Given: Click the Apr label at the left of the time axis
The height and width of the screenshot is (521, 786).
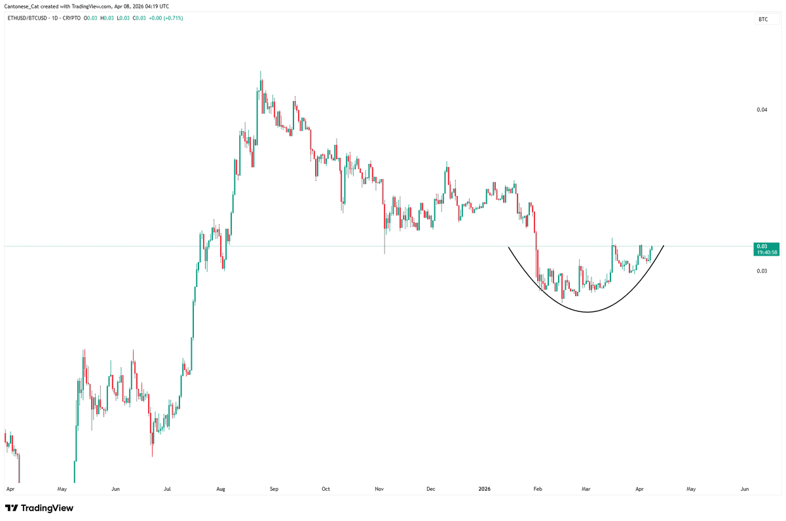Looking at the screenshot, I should [9, 489].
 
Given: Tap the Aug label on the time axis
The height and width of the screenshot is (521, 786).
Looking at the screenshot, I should [221, 489].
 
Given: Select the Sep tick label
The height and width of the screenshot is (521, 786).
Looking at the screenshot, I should [274, 489].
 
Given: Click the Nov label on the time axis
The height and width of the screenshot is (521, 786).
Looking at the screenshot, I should [379, 489].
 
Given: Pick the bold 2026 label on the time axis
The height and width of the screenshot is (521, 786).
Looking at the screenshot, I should [484, 489].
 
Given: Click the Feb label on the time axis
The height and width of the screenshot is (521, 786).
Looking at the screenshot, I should [538, 489].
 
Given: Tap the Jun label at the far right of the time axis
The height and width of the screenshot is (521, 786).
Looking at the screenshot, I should [744, 489].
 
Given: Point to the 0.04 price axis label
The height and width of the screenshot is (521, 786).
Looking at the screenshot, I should [762, 110].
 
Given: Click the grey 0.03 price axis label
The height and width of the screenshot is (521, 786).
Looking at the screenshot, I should [762, 271].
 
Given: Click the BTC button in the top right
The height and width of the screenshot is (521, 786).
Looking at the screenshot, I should [763, 20].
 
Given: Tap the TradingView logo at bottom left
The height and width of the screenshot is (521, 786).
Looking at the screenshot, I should [39, 508].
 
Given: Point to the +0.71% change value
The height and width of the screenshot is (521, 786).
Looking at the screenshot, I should [174, 18].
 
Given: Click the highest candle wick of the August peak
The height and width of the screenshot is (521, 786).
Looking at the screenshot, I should [261, 71].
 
